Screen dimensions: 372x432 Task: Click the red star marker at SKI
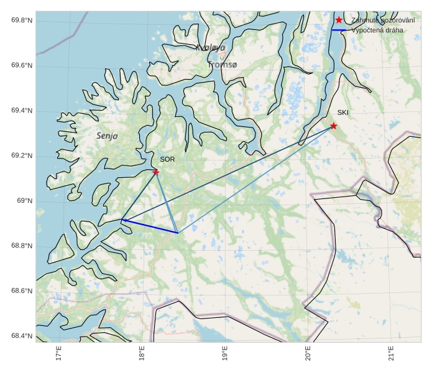334,126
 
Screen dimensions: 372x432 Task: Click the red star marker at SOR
156,172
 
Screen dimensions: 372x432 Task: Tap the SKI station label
342,113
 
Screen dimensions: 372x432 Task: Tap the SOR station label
167,159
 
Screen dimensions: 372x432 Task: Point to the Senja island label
107,136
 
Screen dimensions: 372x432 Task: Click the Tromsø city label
223,65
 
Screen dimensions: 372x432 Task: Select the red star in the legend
339,20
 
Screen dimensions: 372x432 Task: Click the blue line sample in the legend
339,30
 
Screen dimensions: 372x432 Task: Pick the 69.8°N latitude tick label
22,21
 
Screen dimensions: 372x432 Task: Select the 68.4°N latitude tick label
22,336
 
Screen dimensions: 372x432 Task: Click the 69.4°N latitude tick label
22,111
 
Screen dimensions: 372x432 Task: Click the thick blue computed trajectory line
150,226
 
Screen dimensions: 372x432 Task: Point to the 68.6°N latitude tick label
22,291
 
